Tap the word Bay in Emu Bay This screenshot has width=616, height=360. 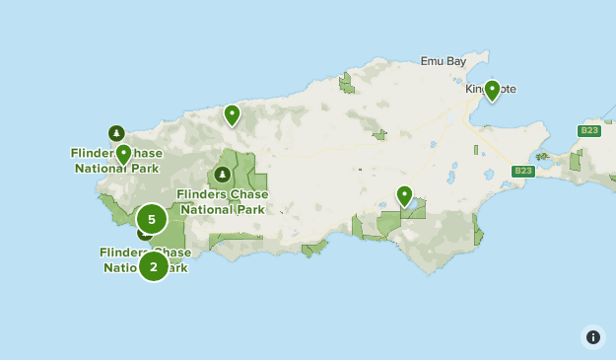pyautogui.click(x=456, y=61)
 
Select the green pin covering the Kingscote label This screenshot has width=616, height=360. pyautogui.click(x=492, y=91)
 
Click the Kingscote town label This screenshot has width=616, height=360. pyautogui.click(x=491, y=89)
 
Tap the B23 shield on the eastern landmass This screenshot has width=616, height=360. pyautogui.click(x=589, y=131)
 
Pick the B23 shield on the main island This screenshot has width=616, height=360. pyautogui.click(x=523, y=171)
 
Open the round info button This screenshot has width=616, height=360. pyautogui.click(x=592, y=336)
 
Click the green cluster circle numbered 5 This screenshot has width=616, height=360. pyautogui.click(x=152, y=219)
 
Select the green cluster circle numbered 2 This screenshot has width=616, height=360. pyautogui.click(x=153, y=265)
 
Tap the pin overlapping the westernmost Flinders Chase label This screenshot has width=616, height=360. pyautogui.click(x=123, y=154)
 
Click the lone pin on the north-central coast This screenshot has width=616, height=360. pyautogui.click(x=232, y=115)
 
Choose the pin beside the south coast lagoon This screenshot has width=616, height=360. pyautogui.click(x=404, y=195)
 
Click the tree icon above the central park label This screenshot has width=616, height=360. pyautogui.click(x=223, y=175)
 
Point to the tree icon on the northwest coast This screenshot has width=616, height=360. pyautogui.click(x=116, y=133)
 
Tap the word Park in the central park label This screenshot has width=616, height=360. pyautogui.click(x=250, y=209)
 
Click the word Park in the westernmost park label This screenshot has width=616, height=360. pyautogui.click(x=145, y=168)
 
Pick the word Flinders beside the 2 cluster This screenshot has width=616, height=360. pyautogui.click(x=122, y=252)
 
